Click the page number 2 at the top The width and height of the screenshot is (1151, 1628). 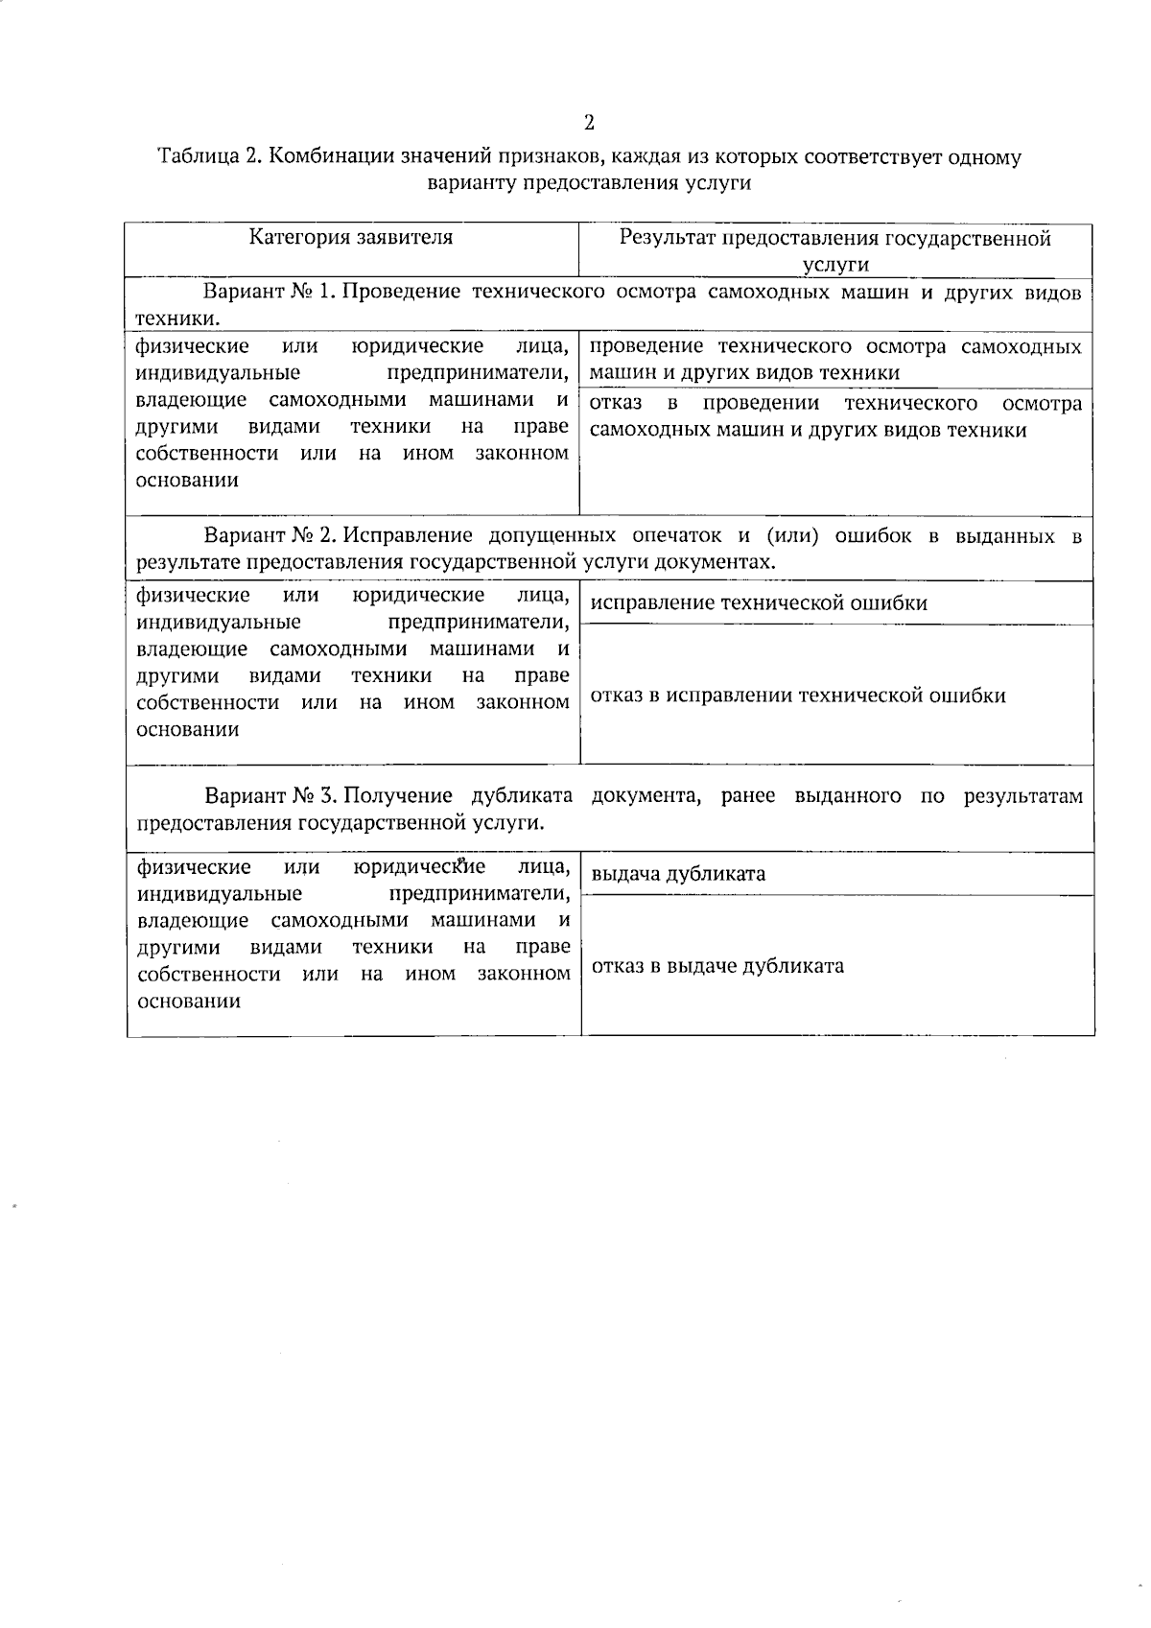click(x=589, y=123)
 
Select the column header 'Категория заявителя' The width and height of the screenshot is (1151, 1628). click(x=351, y=237)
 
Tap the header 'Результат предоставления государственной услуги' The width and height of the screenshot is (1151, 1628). click(x=834, y=250)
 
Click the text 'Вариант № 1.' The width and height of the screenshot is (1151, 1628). click(x=266, y=292)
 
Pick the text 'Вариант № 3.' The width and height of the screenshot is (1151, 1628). click(x=270, y=796)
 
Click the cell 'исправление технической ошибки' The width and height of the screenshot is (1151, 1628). click(x=759, y=603)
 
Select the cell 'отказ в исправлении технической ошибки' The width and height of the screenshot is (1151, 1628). click(x=798, y=696)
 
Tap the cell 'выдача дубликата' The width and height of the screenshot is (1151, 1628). click(x=678, y=874)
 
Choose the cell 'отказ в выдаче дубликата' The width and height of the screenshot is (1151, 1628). click(x=717, y=966)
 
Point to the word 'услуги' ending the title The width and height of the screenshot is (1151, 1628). click(x=717, y=184)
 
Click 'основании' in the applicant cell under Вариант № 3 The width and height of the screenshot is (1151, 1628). click(x=188, y=1002)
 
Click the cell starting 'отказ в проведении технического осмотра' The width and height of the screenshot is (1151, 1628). click(x=835, y=416)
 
